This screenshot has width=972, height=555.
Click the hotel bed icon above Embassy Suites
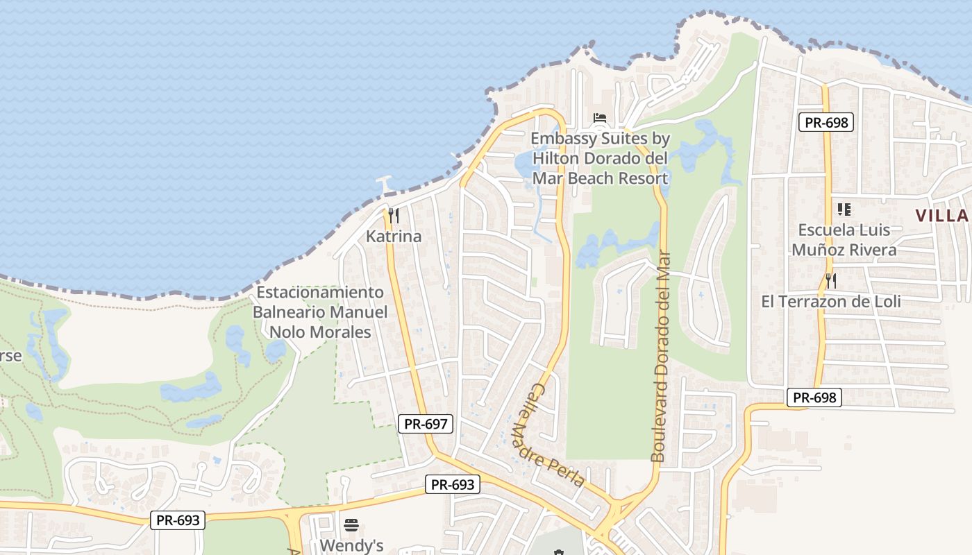[600, 118]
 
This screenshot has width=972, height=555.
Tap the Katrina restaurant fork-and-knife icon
[393, 215]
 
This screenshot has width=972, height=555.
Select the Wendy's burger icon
[351, 524]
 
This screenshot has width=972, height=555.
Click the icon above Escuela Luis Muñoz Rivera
[844, 208]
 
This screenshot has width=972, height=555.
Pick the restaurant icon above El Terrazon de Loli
[830, 280]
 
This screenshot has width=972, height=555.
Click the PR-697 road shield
[426, 423]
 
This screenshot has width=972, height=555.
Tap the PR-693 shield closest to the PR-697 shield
[453, 484]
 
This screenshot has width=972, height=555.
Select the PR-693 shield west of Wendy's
[178, 520]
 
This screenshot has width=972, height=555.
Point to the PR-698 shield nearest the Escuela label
[825, 123]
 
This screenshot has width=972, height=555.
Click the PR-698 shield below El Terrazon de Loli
[815, 398]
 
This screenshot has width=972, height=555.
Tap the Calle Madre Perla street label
[548, 436]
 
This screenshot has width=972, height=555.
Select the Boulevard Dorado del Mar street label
[661, 357]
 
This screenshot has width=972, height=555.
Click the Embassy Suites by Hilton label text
[600, 158]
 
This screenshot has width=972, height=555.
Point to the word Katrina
[394, 237]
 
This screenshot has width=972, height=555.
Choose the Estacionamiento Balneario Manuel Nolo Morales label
[320, 312]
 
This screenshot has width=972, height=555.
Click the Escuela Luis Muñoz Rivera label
[844, 239]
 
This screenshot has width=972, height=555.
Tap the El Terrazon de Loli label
[831, 302]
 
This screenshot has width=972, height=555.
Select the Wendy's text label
[351, 545]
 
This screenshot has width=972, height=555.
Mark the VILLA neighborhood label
[942, 216]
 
